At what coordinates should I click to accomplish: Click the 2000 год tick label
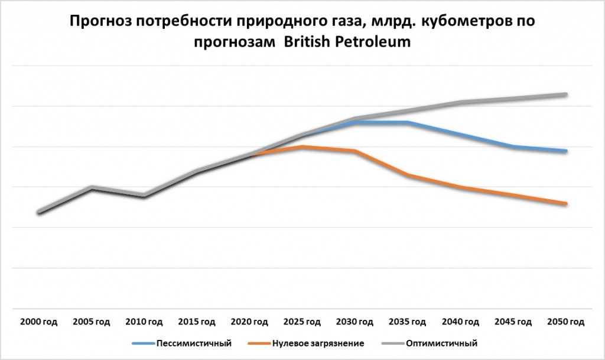(39, 322)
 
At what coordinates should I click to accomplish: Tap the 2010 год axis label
(144, 322)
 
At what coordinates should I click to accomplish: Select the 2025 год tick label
(302, 322)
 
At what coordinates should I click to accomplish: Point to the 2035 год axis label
(407, 322)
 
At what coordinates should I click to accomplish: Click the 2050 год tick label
(566, 322)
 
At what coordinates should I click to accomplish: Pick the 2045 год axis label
(513, 322)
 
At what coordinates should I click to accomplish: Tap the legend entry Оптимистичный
(442, 343)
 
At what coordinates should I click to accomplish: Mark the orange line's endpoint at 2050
(566, 204)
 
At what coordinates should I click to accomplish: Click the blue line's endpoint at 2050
(566, 151)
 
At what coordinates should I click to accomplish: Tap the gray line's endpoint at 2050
(566, 95)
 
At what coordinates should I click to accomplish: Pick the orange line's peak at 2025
(302, 147)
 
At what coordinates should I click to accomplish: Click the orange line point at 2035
(407, 175)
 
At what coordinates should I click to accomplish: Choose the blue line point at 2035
(407, 122)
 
